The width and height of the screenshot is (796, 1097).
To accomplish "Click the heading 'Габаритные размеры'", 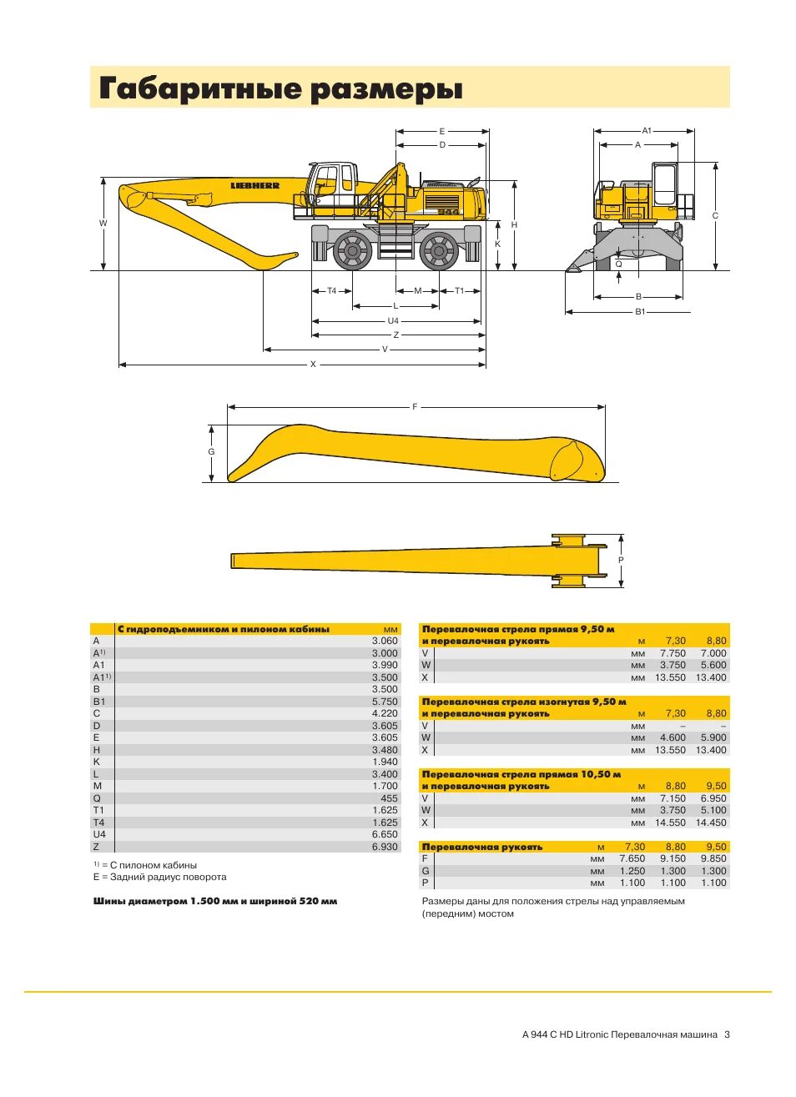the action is [x=280, y=88].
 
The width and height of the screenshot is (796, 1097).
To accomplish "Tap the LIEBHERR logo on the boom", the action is [x=255, y=186].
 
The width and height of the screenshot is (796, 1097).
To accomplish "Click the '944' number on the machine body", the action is [x=448, y=212].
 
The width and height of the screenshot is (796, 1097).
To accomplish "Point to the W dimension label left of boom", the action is [x=103, y=223].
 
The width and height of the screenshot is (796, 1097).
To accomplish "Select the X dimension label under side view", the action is [x=314, y=365].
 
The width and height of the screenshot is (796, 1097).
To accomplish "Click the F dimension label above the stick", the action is [x=415, y=407].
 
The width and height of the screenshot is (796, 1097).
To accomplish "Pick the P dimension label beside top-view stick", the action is [x=621, y=561].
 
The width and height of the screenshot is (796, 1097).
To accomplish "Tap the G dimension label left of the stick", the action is [x=211, y=452].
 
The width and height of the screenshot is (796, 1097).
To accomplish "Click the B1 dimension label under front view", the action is [x=640, y=312].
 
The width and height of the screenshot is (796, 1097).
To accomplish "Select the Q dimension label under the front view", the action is [x=618, y=264].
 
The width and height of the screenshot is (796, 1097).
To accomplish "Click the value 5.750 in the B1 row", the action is [x=385, y=702].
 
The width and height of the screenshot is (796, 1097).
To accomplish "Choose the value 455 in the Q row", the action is [x=389, y=798].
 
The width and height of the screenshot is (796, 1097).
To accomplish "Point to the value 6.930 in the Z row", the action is [x=385, y=847].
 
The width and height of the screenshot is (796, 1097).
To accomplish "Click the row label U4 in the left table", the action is [x=99, y=834].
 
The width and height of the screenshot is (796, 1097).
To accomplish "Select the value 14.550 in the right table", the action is [x=670, y=823].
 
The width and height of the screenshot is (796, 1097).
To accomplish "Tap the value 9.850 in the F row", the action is [x=713, y=858].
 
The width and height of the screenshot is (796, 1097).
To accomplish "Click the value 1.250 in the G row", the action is [x=632, y=871].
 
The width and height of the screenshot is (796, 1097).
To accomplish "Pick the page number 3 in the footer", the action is [x=727, y=1034].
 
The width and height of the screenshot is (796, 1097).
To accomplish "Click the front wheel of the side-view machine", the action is [x=352, y=250].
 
